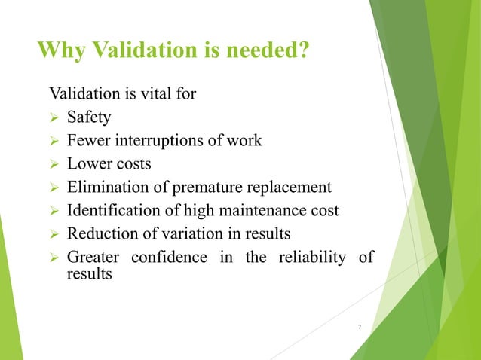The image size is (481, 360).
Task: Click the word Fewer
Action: click(x=87, y=141)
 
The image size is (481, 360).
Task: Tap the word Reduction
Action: click(x=100, y=234)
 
